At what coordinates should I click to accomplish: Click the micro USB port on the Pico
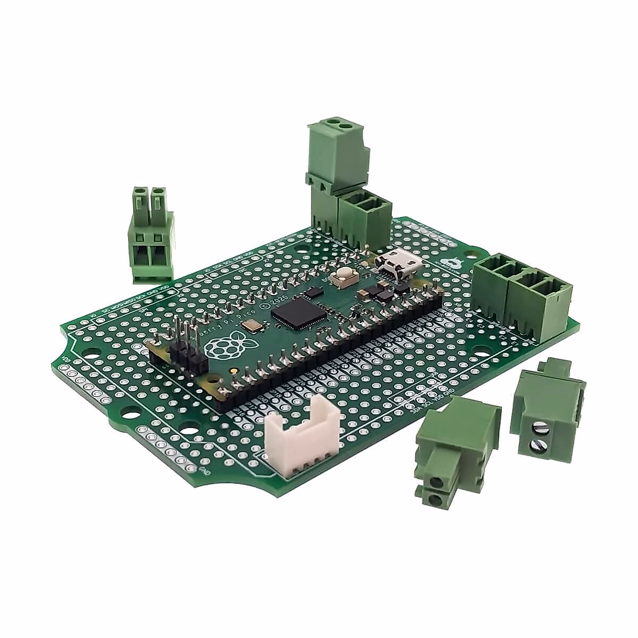point(392,264)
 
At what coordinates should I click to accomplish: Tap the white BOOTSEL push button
point(343,275)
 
